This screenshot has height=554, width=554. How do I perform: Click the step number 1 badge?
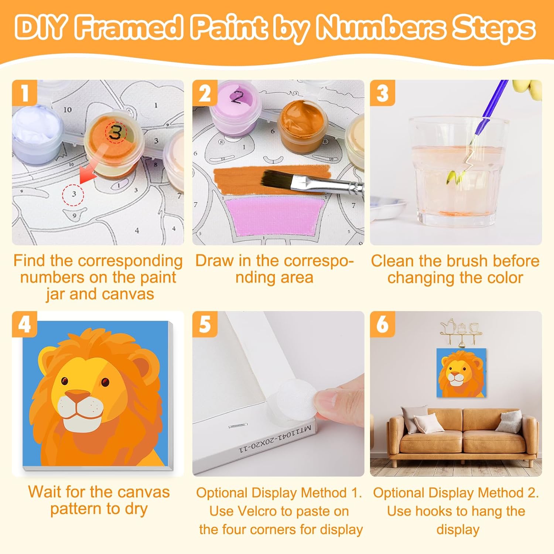coord(24,93)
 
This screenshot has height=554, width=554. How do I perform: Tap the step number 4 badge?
coord(24,324)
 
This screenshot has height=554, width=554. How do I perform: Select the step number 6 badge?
coord(383,324)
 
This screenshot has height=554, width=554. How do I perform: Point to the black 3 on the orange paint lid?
coord(115,132)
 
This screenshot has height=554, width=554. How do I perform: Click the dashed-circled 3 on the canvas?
coord(73,194)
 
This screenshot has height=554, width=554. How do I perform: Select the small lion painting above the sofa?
coord(461,373)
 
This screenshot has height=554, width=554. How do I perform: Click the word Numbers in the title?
coord(381,28)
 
